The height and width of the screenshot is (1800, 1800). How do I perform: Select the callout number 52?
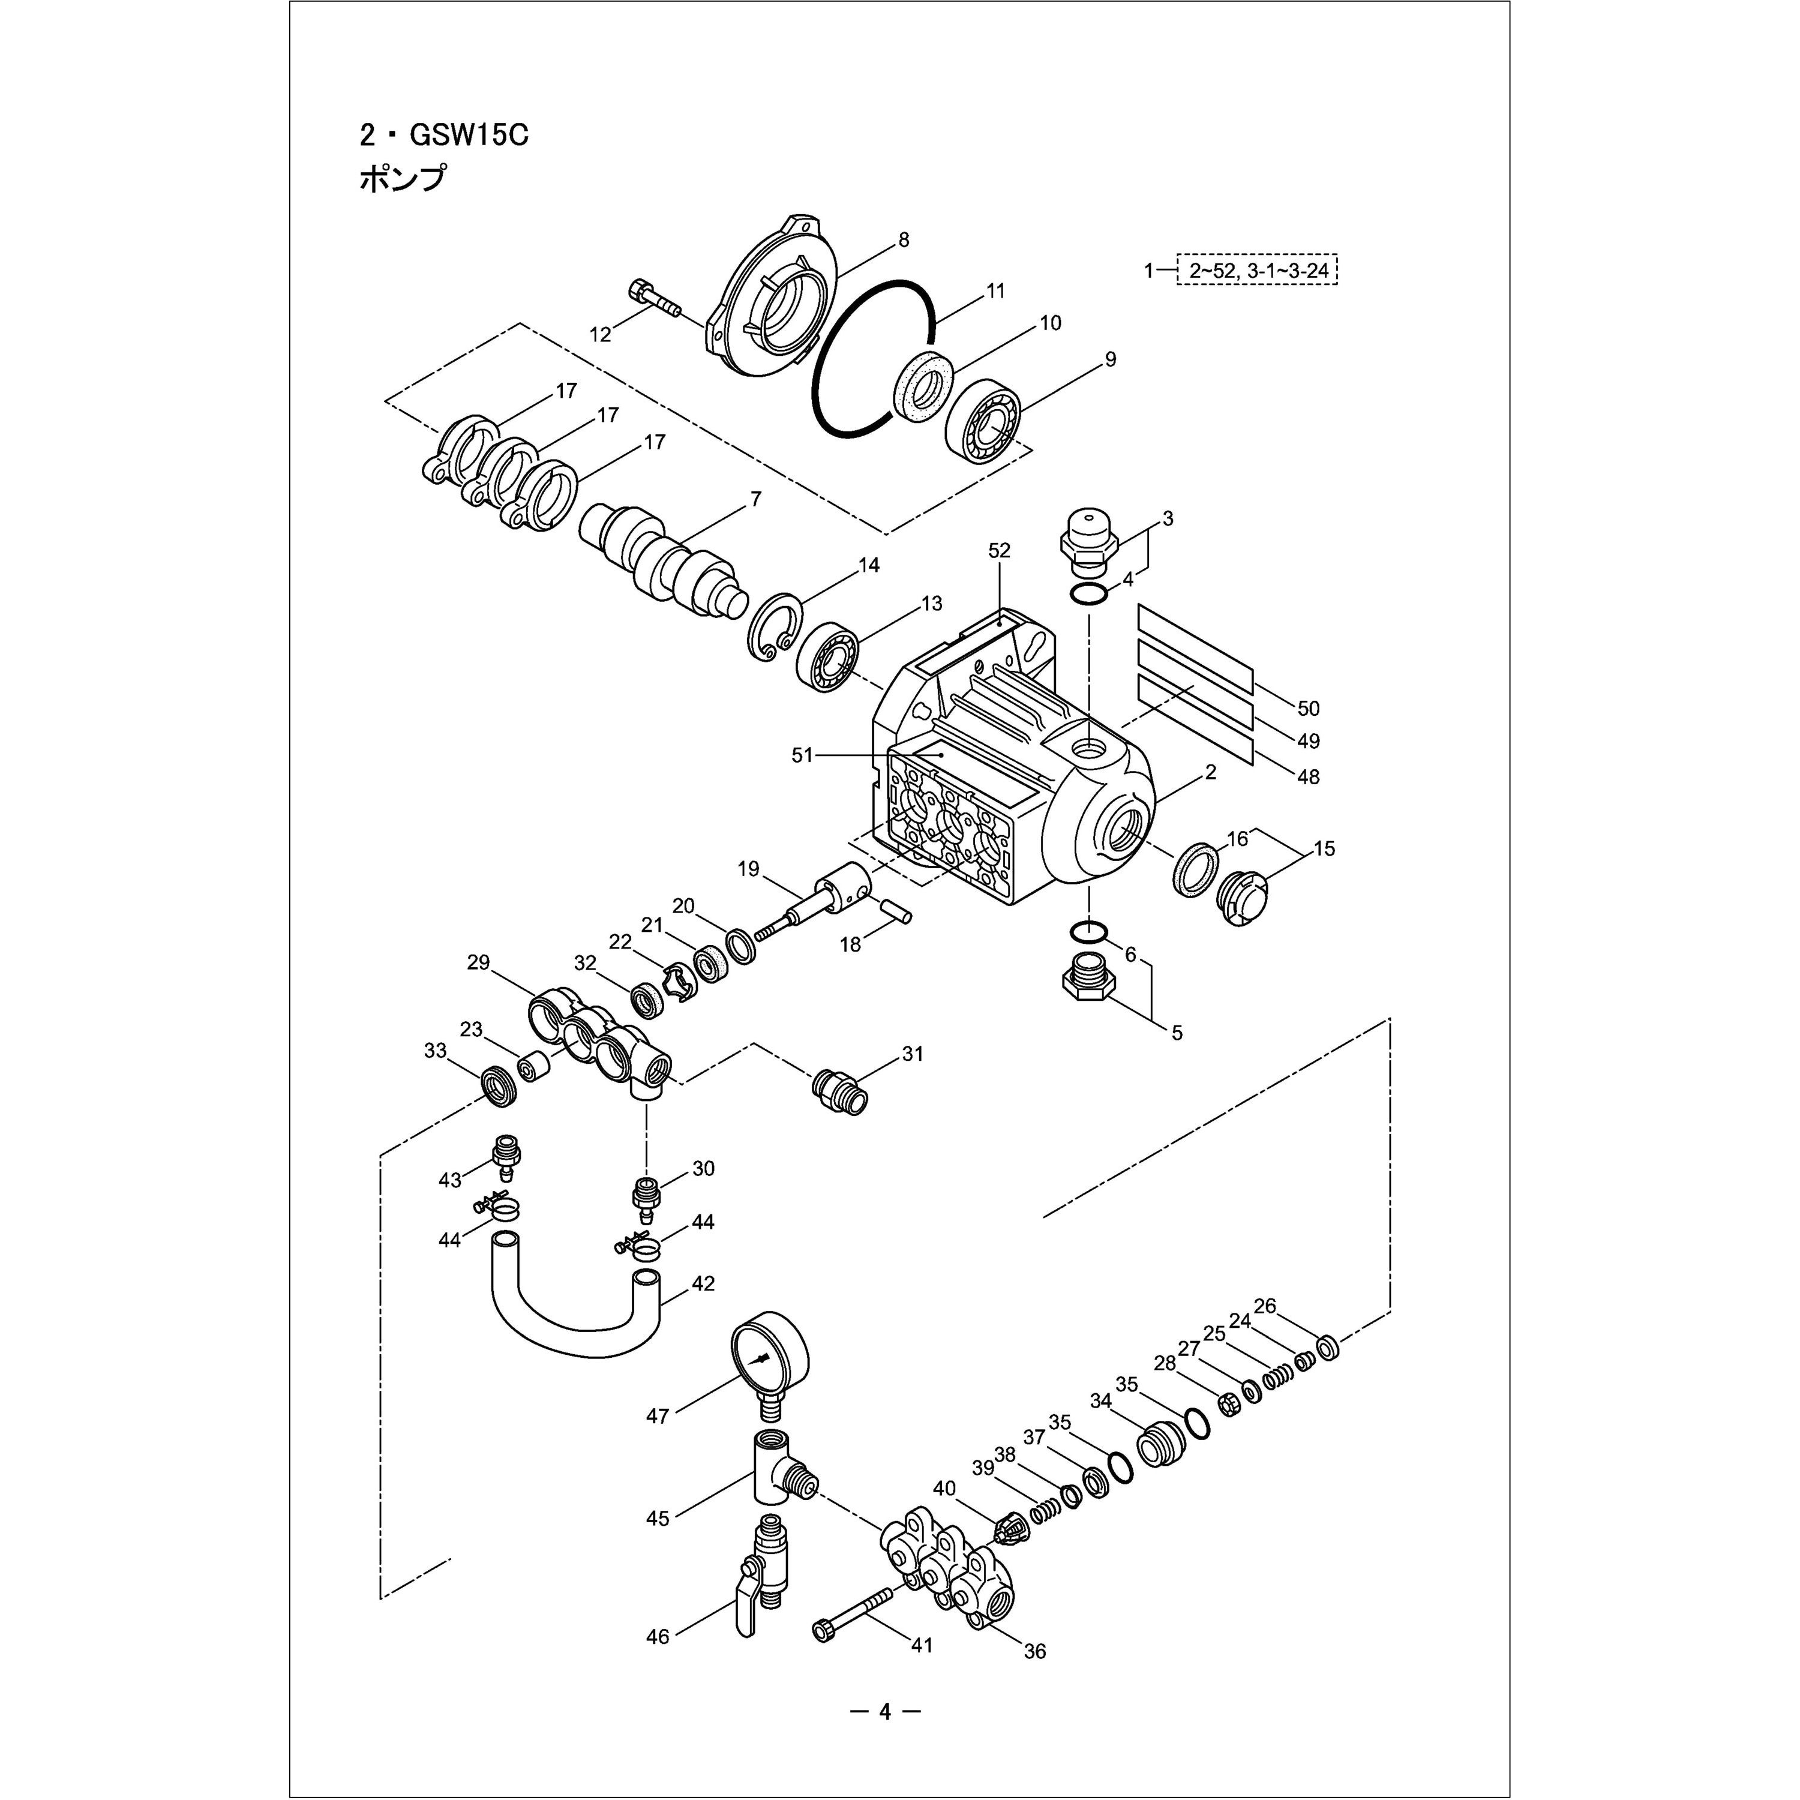pos(999,551)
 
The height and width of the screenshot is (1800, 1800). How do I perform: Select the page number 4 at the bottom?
pos(884,1711)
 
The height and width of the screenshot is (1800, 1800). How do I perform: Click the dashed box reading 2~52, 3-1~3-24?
pos(1257,270)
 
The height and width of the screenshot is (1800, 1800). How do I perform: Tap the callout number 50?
pos(1308,708)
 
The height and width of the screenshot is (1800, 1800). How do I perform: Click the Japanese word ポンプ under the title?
pos(403,178)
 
